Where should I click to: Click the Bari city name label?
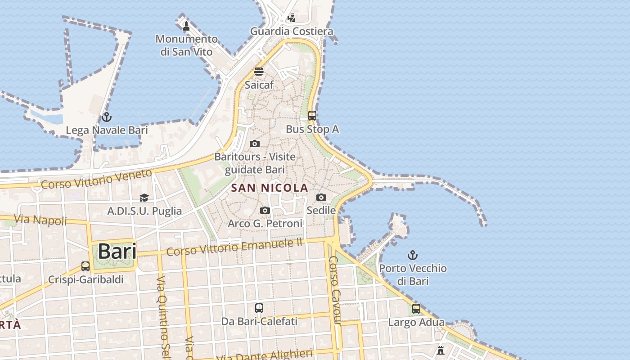coord(117,251)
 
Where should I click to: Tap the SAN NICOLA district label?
coord(270,188)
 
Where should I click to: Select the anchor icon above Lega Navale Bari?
coord(106,117)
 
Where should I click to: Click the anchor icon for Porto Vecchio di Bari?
coord(413,255)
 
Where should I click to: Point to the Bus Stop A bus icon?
coord(312,116)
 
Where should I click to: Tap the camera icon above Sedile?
coord(321,197)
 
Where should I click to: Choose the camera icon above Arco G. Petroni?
coord(265,210)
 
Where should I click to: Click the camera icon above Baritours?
coord(255,144)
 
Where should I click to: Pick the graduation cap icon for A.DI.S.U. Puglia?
coord(144,198)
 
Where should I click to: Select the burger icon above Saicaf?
coord(259,72)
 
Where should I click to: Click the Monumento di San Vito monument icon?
coord(186,26)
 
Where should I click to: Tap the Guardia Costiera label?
coord(292,31)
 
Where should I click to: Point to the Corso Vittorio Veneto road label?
coord(97,179)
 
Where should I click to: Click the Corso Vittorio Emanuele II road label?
coord(234,247)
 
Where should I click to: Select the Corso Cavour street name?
coord(334,290)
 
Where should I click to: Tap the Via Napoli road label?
coord(40,220)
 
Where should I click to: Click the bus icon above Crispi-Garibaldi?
coord(85,266)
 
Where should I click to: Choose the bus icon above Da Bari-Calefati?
coord(259,308)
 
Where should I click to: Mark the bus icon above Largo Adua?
coord(416,309)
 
